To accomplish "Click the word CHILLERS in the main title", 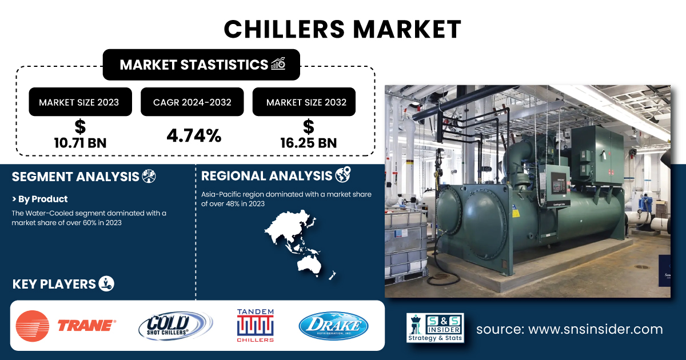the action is tap(285, 29).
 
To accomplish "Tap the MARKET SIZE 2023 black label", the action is tap(80, 102).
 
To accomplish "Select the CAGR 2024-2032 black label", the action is tap(192, 102).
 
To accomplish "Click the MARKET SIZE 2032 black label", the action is tap(304, 102).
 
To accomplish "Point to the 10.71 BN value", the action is tap(80, 143).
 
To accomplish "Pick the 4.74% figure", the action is tap(194, 135).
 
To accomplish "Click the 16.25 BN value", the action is tap(308, 143).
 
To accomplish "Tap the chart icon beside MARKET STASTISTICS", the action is tap(278, 63).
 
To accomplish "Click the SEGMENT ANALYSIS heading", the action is tap(75, 177).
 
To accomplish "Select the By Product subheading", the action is tap(39, 199).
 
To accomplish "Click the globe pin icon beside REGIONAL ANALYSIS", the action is tap(343, 174).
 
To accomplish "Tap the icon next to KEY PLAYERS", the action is tap(106, 283).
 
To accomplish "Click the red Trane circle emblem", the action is tap(33, 326).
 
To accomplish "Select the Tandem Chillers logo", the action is tap(255, 325).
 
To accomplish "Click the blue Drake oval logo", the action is tap(333, 326).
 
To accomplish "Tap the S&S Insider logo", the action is tap(435, 327).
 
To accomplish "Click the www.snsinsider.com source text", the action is tap(595, 329).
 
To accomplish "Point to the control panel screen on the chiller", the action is tap(559, 183).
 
